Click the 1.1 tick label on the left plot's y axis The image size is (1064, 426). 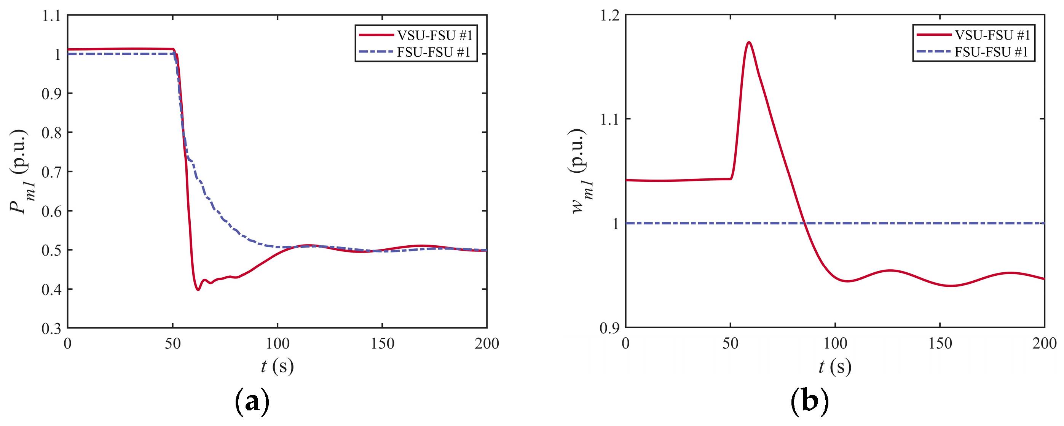coord(51,16)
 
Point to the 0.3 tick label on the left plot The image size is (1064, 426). coord(51,329)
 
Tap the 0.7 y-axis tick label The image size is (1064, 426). coord(51,172)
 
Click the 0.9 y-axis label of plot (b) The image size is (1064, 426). coord(609,328)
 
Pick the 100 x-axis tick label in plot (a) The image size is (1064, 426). coord(277,343)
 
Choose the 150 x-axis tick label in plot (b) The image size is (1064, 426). coord(940,343)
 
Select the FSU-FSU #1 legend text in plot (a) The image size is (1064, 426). coord(434,52)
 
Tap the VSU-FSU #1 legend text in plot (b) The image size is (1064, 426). coord(992,35)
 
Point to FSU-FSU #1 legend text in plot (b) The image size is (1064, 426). coord(991,52)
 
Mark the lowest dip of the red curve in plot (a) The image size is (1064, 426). coord(198,290)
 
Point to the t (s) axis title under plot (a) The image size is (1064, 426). coord(277,366)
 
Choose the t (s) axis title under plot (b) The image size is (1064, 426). coord(835,366)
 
